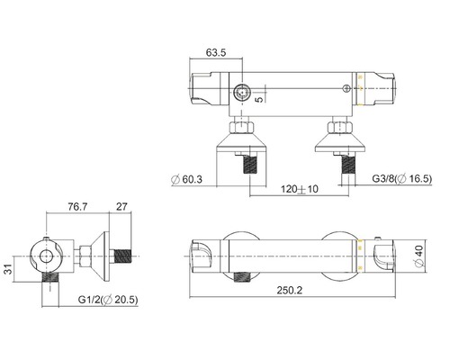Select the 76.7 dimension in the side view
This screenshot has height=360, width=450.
[x=77, y=206]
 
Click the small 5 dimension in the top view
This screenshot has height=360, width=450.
[x=260, y=99]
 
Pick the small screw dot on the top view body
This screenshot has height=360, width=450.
[x=346, y=87]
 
